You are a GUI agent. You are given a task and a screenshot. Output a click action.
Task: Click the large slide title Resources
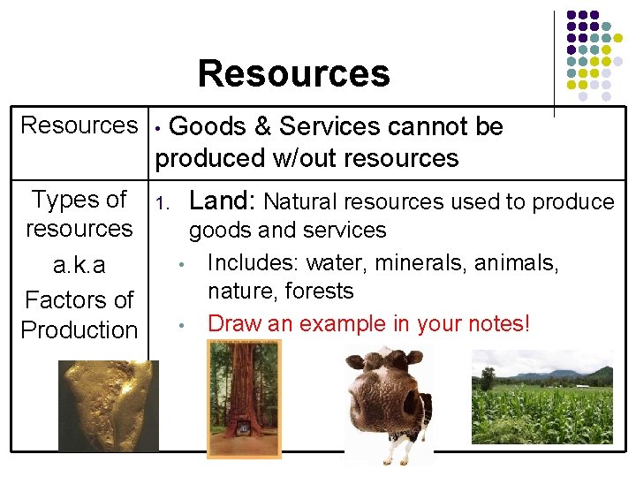(293, 73)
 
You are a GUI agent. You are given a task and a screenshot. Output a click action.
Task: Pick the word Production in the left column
(79, 330)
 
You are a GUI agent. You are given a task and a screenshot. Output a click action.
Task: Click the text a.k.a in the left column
(79, 266)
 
